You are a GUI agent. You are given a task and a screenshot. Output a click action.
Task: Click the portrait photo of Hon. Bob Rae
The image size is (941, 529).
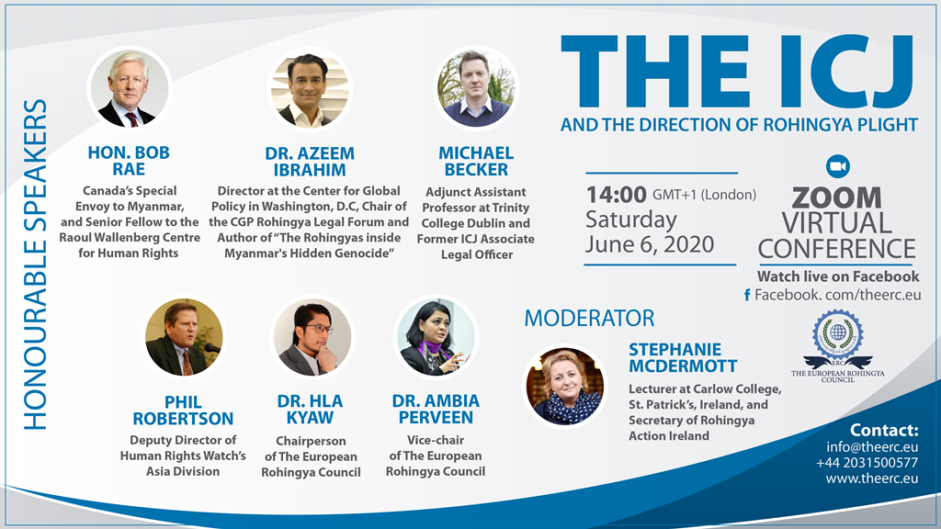(129, 89)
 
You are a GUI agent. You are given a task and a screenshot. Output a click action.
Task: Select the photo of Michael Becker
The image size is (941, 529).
(476, 87)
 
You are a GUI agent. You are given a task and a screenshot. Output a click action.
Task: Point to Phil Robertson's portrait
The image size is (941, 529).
(184, 337)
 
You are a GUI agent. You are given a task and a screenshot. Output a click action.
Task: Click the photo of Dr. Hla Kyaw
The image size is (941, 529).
(312, 337)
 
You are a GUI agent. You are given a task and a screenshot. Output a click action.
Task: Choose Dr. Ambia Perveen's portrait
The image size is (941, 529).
(436, 337)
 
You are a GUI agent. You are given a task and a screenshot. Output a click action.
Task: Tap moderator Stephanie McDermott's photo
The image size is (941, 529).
(565, 387)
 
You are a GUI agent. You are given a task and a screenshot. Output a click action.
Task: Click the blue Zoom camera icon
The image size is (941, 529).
(838, 166)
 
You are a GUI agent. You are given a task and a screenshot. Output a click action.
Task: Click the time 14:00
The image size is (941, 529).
(616, 195)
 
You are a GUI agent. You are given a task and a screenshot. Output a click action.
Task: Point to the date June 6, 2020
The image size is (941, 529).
(650, 244)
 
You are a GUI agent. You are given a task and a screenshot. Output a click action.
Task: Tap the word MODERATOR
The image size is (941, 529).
(589, 318)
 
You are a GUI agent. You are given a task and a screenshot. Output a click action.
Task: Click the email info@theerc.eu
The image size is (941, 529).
(872, 447)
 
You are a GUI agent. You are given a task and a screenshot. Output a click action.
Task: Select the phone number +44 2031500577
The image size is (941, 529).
(867, 463)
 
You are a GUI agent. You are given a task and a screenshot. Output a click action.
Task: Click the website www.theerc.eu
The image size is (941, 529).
(872, 478)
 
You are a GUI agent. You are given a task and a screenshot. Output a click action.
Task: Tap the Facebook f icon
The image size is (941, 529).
(747, 295)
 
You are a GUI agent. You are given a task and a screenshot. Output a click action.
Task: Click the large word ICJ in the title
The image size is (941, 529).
(838, 72)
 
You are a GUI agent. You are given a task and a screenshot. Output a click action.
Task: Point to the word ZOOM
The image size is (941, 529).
(836, 198)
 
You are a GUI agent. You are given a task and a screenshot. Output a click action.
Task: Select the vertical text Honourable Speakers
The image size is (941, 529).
(35, 264)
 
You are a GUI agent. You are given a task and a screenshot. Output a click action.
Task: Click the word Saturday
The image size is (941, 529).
(631, 220)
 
